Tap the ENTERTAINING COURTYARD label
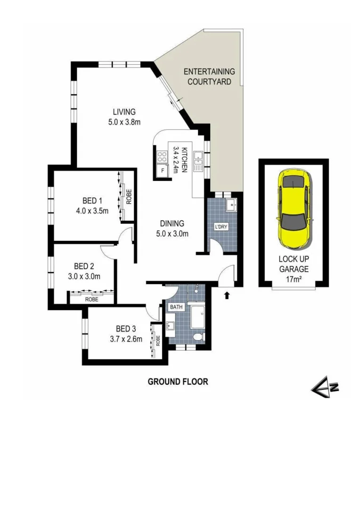point(209,76)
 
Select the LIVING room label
point(124,117)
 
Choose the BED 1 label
point(92,206)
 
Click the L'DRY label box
point(221,226)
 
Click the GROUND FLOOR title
point(178,381)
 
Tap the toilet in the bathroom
point(199,336)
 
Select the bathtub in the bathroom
point(197,316)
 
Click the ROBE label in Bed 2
point(92,299)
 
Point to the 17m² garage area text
point(293,278)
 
